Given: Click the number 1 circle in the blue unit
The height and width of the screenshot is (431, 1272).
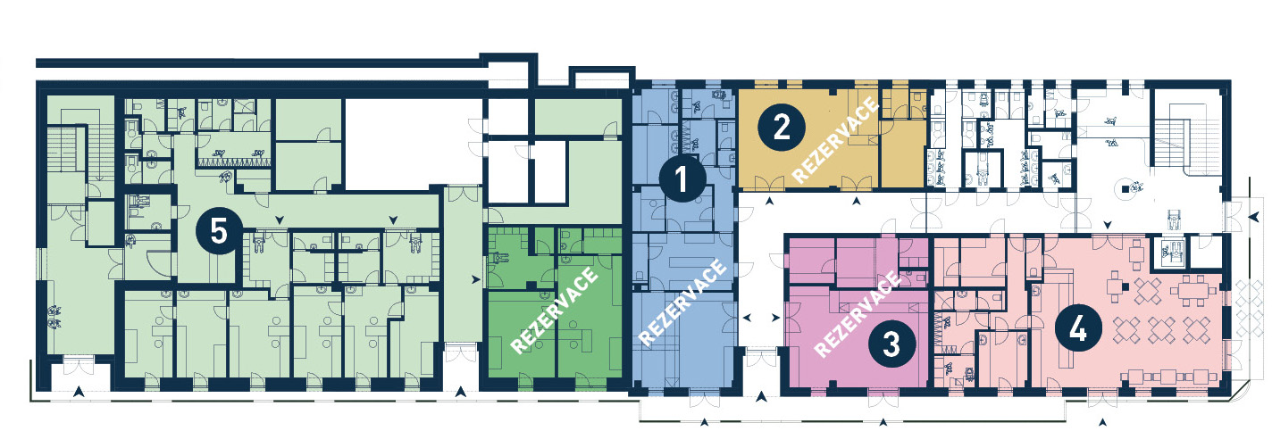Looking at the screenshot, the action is point(682,178).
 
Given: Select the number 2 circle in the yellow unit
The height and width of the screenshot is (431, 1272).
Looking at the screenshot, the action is point(782,127).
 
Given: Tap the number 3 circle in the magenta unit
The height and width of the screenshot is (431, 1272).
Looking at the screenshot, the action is point(891,343).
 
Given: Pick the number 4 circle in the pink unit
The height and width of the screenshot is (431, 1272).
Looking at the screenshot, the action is point(1078,327).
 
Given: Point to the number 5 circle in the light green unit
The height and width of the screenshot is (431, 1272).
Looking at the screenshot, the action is point(219,231).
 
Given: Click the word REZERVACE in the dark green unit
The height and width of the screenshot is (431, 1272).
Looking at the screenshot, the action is point(554,309).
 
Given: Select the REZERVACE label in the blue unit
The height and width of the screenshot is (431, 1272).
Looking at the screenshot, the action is point(682,302).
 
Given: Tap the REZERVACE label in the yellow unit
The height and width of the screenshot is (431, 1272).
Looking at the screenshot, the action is point(834,140).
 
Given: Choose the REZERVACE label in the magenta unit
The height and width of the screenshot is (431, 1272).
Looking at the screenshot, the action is point(858,313).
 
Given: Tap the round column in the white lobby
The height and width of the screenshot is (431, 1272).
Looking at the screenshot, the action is point(1125,189).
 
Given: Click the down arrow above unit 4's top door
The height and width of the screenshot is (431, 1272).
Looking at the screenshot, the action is point(1107,225).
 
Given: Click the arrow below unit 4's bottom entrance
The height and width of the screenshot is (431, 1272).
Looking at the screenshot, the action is point(1103,421).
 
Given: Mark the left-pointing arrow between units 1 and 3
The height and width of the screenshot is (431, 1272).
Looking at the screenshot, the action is point(747,317).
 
